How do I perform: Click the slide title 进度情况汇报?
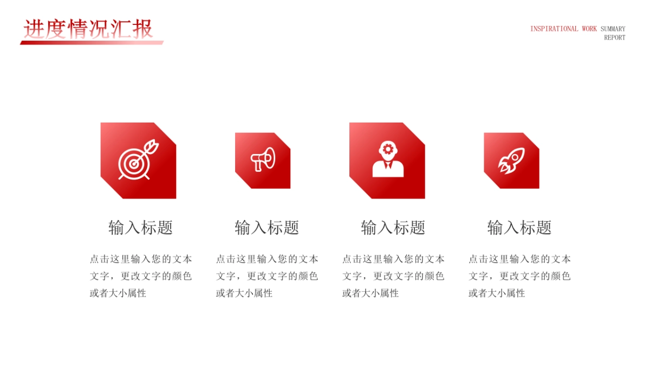(x=88, y=29)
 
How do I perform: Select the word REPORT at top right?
(x=614, y=38)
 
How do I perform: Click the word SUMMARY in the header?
(x=613, y=29)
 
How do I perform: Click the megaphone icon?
(x=263, y=160)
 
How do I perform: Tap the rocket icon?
(x=511, y=160)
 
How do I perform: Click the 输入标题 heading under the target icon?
(x=140, y=227)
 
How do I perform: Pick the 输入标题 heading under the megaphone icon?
(x=266, y=227)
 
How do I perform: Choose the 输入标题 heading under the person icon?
(x=393, y=227)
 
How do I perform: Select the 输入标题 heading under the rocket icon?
(x=519, y=227)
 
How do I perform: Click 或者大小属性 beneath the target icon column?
(x=118, y=293)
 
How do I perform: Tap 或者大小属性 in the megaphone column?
(x=244, y=293)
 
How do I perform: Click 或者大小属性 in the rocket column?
(x=497, y=293)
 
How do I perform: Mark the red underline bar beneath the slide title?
(x=92, y=42)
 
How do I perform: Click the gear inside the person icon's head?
(x=387, y=149)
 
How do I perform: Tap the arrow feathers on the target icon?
(x=153, y=145)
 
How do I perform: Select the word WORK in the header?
(x=589, y=29)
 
